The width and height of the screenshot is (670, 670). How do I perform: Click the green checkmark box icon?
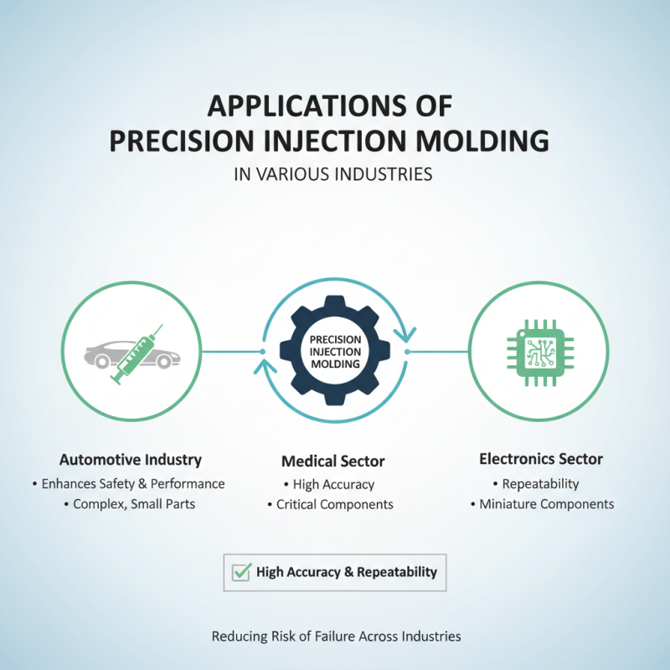point(241,572)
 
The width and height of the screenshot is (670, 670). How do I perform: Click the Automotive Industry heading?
point(130,460)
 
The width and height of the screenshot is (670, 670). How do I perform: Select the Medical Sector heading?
point(334,461)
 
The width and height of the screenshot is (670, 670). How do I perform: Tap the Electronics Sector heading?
point(540,459)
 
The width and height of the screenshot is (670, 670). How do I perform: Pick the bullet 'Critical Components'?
point(334,505)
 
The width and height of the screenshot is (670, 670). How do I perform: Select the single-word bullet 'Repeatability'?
point(540,483)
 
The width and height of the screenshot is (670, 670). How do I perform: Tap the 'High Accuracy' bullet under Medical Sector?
point(333,484)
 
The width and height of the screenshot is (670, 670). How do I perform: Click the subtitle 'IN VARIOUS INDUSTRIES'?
point(334,175)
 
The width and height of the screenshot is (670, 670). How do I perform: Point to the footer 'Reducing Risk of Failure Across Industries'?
point(335,636)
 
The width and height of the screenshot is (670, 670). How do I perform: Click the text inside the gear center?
point(335,352)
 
